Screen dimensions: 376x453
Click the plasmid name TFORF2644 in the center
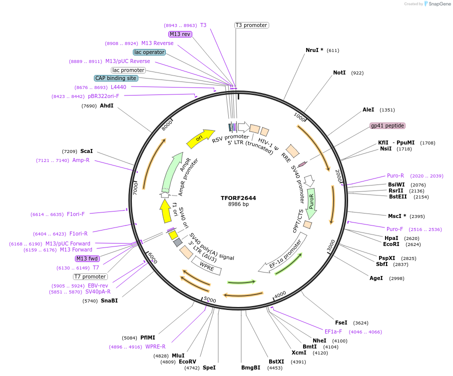click(238, 198)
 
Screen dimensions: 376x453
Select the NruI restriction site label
click(314, 50)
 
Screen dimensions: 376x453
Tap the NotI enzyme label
click(339, 73)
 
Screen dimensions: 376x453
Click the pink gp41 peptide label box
click(387, 125)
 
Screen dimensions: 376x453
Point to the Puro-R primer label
click(395, 176)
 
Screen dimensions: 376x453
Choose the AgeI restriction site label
click(376, 278)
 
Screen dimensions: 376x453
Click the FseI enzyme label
click(341, 323)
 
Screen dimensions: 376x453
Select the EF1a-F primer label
click(333, 331)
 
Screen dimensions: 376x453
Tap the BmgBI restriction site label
click(251, 367)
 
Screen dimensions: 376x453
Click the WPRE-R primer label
click(155, 346)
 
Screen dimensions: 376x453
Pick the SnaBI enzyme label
click(109, 301)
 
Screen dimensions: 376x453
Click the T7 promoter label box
click(90, 276)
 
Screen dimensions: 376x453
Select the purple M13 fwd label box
click(87, 258)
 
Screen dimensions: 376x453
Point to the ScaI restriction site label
click(86, 151)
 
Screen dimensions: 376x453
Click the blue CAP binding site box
click(116, 78)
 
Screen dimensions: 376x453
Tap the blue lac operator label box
click(149, 52)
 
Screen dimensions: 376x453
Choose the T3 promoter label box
click(251, 25)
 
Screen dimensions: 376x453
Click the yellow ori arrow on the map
click(200, 138)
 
